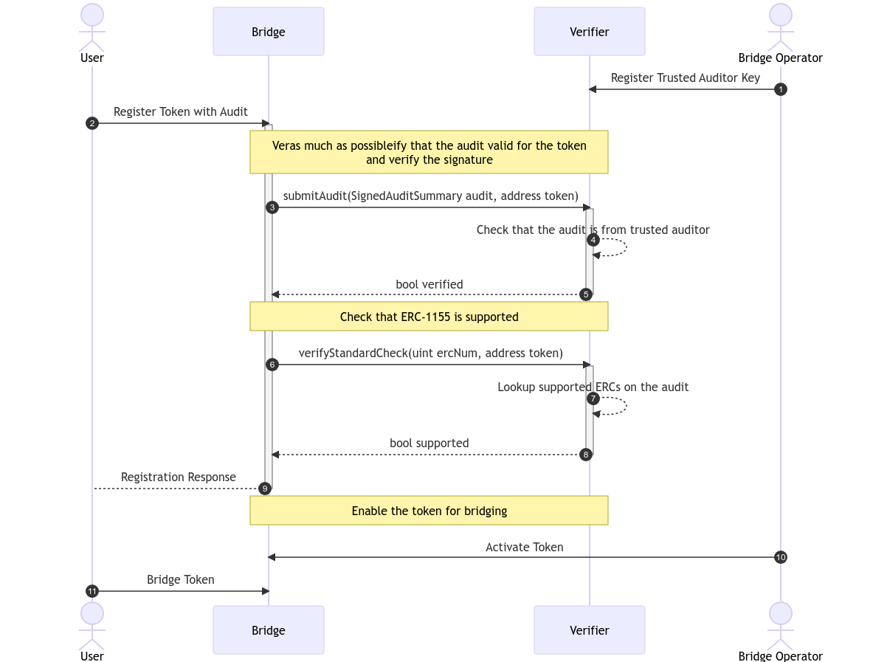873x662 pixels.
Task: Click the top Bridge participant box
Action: click(268, 32)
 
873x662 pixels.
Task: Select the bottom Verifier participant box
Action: click(589, 630)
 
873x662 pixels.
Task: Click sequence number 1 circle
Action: click(780, 89)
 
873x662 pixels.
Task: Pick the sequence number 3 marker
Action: click(272, 207)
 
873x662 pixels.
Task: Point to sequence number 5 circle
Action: click(586, 294)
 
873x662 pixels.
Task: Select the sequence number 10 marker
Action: click(780, 557)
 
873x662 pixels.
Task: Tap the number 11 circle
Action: click(92, 591)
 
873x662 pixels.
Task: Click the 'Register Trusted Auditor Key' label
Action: click(685, 78)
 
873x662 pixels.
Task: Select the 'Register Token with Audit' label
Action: click(181, 111)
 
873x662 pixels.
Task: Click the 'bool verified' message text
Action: click(429, 284)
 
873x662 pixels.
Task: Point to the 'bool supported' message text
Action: click(429, 444)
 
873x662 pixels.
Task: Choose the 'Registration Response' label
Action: click(179, 477)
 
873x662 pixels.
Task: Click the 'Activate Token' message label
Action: click(524, 547)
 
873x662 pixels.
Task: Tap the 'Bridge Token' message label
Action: click(181, 580)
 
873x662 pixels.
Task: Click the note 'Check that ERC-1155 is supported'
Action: click(429, 317)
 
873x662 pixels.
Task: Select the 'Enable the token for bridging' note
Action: click(429, 511)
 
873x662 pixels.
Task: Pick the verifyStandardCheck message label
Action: click(430, 354)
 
